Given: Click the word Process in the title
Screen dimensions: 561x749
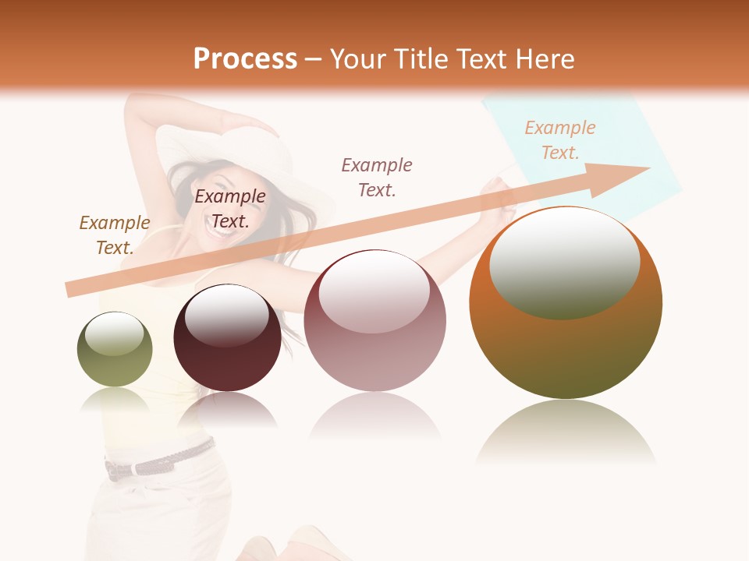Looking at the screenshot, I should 245,59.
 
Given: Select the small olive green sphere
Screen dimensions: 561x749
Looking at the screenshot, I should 115,349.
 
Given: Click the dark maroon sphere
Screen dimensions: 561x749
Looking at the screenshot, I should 227,338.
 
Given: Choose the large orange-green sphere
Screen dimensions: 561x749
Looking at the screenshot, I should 566,302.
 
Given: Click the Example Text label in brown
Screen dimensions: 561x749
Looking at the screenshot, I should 115,235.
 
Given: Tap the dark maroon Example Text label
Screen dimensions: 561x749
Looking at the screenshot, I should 230,208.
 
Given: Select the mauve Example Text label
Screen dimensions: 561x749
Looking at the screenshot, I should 377,177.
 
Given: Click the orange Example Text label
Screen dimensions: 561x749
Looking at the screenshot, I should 560,139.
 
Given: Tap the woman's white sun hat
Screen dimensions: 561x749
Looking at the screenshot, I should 234,148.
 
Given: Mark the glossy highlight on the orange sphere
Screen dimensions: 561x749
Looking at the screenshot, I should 565,263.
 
